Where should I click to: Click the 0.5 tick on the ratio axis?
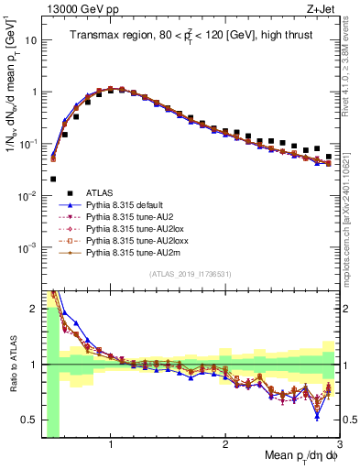pyautogui.click(x=29, y=420)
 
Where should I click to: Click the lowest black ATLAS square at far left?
pyautogui.click(x=53, y=180)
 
